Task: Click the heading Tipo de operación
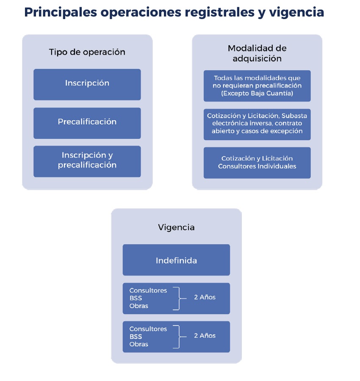[x=87, y=52]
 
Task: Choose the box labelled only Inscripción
[x=87, y=83]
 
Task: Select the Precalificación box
[x=87, y=122]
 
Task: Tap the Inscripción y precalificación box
[x=87, y=160]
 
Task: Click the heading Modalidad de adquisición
[x=257, y=53]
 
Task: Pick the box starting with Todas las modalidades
[x=257, y=86]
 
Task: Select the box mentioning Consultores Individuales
[x=257, y=163]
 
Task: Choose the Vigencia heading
[x=176, y=227]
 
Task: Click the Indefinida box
[x=176, y=260]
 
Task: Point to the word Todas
[x=224, y=78]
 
